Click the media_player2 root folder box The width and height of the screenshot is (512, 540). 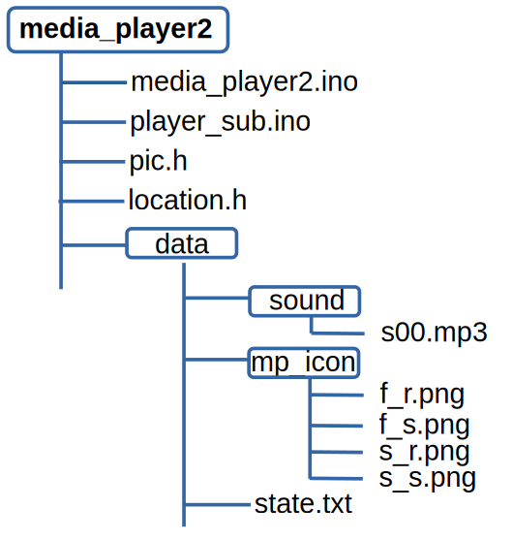tap(118, 30)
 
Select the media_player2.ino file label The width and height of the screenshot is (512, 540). tap(245, 82)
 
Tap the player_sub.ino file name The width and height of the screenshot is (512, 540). tap(220, 122)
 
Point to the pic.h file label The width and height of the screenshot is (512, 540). tap(158, 161)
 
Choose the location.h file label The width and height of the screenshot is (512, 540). tap(188, 200)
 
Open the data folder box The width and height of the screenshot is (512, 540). tap(182, 243)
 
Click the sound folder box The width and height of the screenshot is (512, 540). tap(304, 301)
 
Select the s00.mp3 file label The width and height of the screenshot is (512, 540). tap(434, 333)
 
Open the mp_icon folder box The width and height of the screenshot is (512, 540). tap(304, 363)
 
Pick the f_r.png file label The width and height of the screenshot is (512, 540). tap(422, 395)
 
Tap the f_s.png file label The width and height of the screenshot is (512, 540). tap(424, 425)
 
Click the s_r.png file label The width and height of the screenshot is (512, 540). tap(424, 452)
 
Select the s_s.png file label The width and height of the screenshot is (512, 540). tap(428, 479)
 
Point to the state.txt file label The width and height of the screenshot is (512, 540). tap(303, 504)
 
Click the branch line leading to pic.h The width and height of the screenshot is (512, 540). tap(93, 161)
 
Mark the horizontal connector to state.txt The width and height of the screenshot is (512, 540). tap(218, 505)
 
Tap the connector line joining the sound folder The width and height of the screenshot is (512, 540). tap(217, 298)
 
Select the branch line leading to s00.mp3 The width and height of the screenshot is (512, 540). tap(338, 334)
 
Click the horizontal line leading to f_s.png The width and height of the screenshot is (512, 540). tap(336, 426)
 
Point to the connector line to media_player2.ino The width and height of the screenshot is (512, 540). tap(94, 82)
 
